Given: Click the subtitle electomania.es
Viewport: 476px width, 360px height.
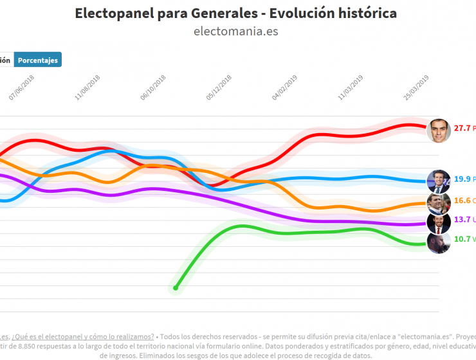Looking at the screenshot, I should click(x=236, y=32).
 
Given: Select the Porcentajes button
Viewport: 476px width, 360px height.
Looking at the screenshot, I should click(x=38, y=60).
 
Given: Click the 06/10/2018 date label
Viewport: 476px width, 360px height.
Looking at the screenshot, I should click(x=152, y=87).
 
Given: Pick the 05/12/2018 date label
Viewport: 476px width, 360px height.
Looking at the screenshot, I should click(x=219, y=87).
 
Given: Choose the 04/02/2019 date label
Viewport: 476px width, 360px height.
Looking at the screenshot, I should click(x=285, y=87).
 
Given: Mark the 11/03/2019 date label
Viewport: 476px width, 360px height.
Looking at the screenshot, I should click(x=351, y=87).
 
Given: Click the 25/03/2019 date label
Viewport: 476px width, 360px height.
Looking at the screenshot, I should click(x=417, y=87).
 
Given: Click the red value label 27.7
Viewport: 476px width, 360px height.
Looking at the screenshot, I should click(x=462, y=129).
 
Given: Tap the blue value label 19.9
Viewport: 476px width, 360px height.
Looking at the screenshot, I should click(x=462, y=180).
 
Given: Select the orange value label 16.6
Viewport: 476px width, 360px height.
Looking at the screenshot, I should click(x=462, y=201).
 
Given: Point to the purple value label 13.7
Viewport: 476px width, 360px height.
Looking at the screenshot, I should click(x=462, y=220).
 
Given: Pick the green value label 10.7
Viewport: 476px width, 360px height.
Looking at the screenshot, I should click(x=462, y=239).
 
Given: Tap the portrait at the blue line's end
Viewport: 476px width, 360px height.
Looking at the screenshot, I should click(x=438, y=181).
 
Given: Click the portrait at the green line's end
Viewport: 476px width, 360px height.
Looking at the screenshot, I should click(x=438, y=242).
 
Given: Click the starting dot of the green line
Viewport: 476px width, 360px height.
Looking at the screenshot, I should click(x=175, y=287).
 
